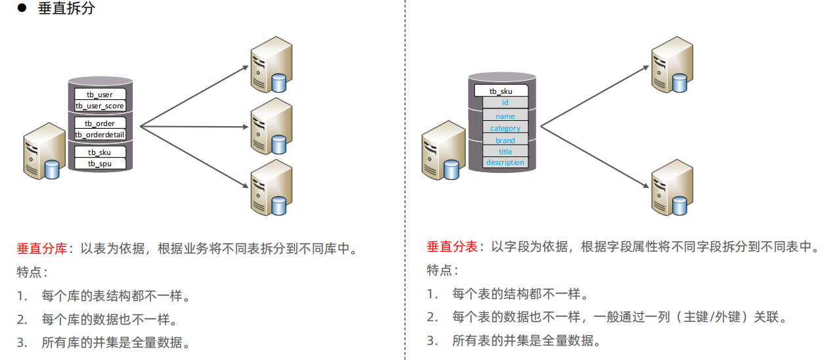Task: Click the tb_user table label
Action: click(x=100, y=95)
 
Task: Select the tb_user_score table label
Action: click(x=100, y=106)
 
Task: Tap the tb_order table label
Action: click(x=100, y=124)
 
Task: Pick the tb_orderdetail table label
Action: click(x=100, y=135)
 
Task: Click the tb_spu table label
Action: click(x=100, y=164)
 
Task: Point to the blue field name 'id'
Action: click(x=505, y=102)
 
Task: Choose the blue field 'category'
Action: click(x=505, y=128)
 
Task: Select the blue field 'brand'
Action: click(x=505, y=141)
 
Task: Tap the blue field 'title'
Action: click(x=505, y=152)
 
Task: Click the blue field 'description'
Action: click(x=505, y=162)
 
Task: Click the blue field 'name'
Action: click(x=505, y=116)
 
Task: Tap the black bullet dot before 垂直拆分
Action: click(x=21, y=10)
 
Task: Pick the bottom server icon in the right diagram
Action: click(x=672, y=187)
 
